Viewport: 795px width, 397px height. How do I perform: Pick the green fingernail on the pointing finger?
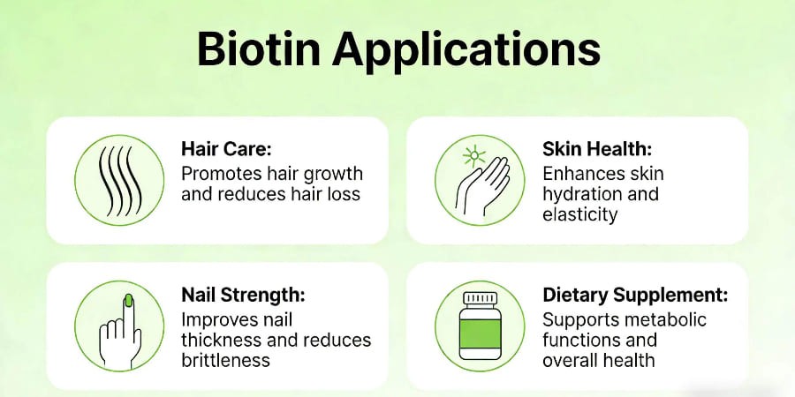tap(126, 300)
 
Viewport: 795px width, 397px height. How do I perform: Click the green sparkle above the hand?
tap(473, 155)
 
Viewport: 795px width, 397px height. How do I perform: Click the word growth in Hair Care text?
tap(331, 173)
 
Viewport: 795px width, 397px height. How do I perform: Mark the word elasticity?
tap(579, 214)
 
